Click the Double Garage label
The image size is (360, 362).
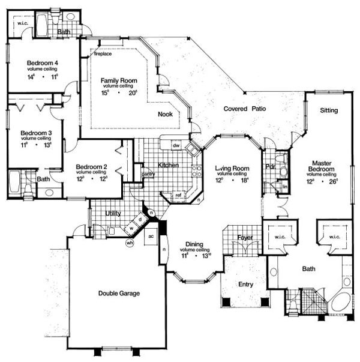[119, 294]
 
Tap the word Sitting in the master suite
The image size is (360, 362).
[328, 110]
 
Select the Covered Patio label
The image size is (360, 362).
[245, 109]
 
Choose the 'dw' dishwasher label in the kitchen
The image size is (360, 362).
[176, 145]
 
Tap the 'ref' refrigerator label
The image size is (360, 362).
[179, 195]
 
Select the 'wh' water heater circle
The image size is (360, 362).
[130, 243]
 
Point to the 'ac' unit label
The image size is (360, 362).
[151, 236]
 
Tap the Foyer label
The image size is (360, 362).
[244, 238]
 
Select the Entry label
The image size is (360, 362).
[245, 284]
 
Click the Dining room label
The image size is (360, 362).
[193, 244]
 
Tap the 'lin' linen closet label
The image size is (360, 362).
[284, 188]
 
